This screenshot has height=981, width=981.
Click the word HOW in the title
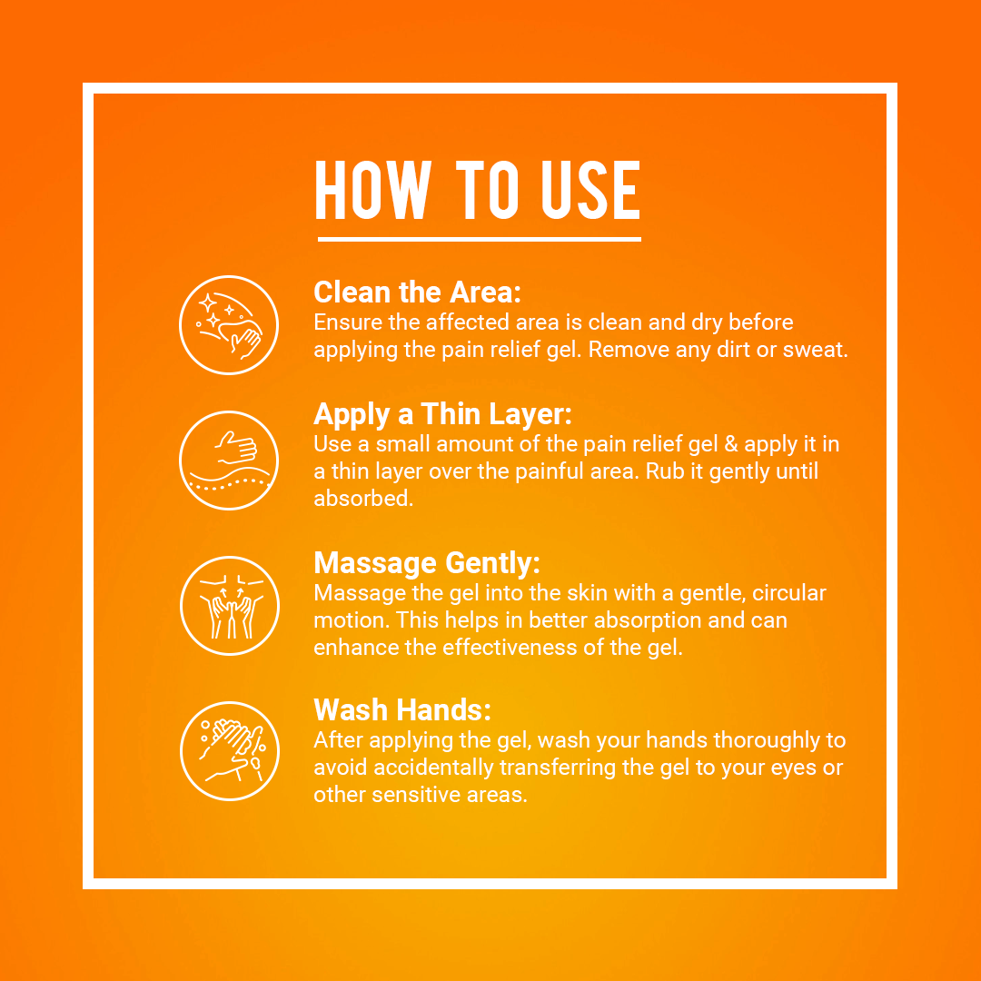pyautogui.click(x=373, y=190)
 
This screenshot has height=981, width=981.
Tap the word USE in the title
pyautogui.click(x=590, y=190)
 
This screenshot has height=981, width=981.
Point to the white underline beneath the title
pyautogui.click(x=480, y=239)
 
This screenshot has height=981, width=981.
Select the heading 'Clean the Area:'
pyautogui.click(x=417, y=292)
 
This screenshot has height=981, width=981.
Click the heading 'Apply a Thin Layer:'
pyautogui.click(x=443, y=414)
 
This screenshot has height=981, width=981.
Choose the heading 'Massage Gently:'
pyautogui.click(x=427, y=563)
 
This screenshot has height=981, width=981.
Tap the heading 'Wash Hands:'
pyautogui.click(x=402, y=710)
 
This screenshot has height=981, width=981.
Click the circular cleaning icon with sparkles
pyautogui.click(x=229, y=325)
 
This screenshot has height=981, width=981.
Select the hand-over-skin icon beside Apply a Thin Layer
pyautogui.click(x=229, y=461)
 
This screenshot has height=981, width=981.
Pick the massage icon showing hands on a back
pyautogui.click(x=230, y=606)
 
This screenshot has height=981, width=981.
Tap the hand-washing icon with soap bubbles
pyautogui.click(x=230, y=751)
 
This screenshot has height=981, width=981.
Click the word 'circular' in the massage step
pyautogui.click(x=789, y=593)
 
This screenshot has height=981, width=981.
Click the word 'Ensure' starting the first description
pyautogui.click(x=347, y=322)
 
